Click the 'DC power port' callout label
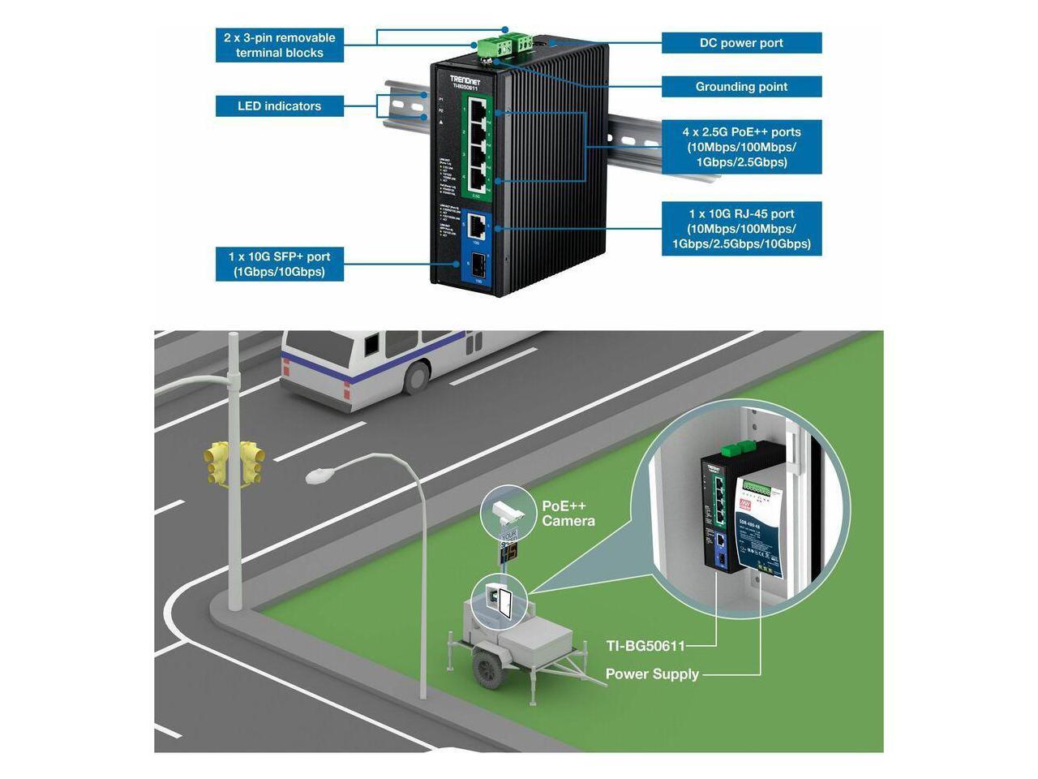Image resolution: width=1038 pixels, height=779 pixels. (x=741, y=43)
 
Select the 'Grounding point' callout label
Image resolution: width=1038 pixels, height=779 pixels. (x=741, y=87)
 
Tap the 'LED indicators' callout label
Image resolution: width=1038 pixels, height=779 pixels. (x=279, y=106)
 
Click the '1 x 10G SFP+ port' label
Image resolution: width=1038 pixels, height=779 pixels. (x=279, y=265)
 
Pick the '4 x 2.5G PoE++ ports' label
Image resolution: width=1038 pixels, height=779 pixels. (x=741, y=147)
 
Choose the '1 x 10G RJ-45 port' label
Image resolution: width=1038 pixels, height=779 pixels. (x=741, y=229)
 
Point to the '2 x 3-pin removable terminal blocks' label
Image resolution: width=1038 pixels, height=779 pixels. (x=279, y=45)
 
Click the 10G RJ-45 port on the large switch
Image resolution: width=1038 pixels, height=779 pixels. (x=476, y=225)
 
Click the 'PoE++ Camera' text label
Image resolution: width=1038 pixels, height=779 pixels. (x=568, y=514)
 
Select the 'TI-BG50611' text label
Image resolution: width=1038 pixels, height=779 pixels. (x=646, y=647)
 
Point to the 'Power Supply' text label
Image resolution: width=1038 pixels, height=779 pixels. (x=652, y=674)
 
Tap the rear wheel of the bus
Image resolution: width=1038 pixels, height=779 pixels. (x=416, y=377)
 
